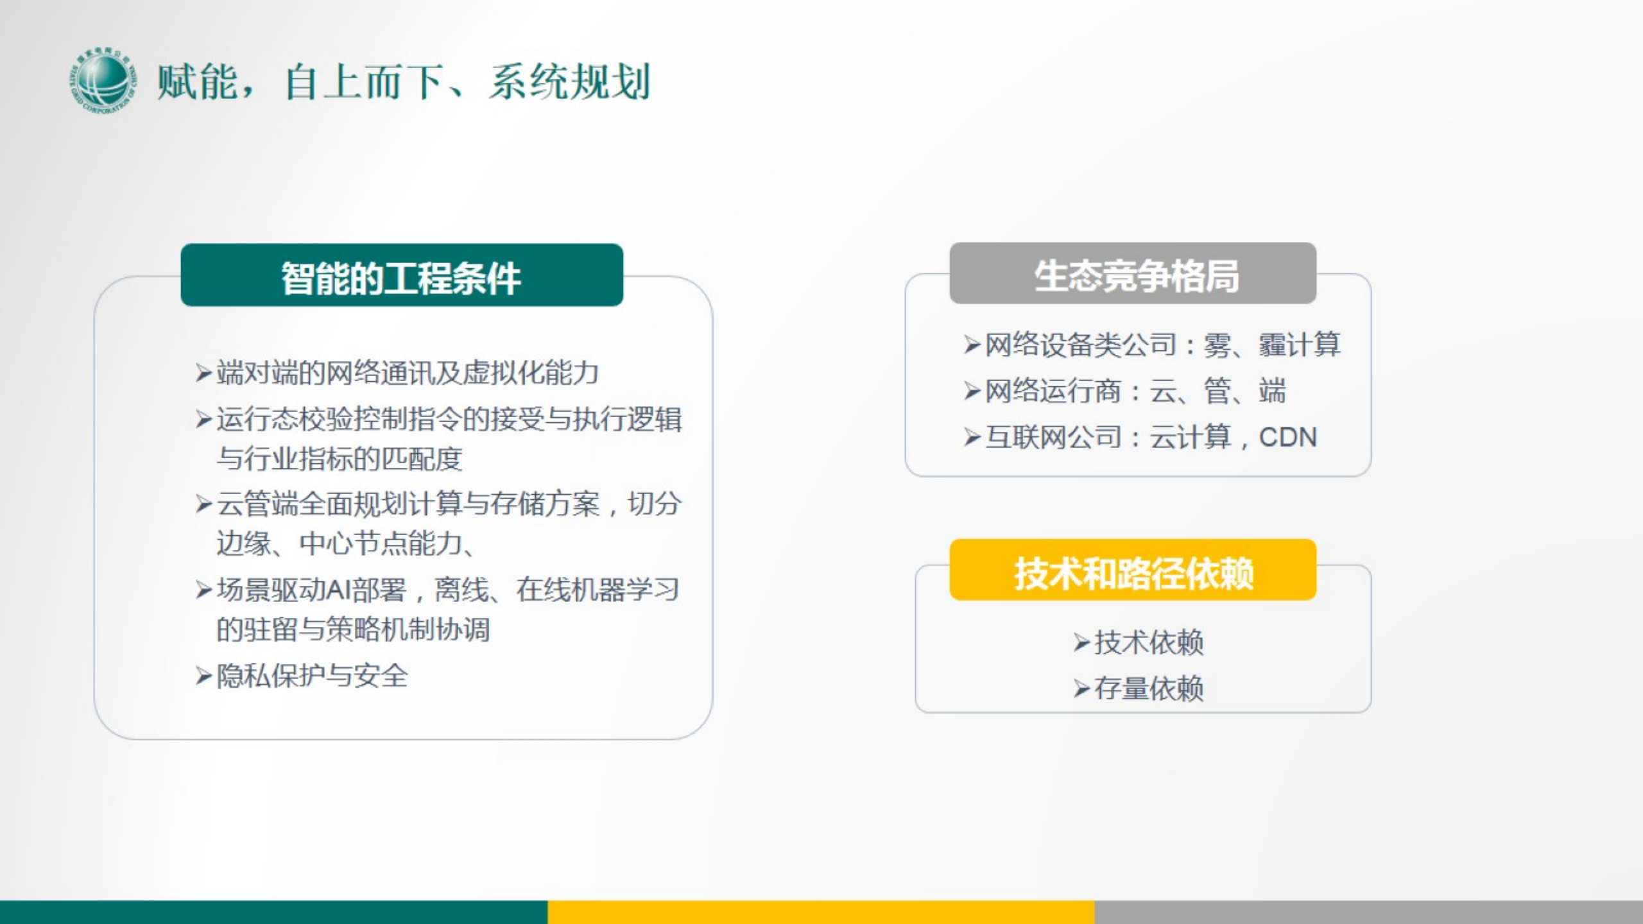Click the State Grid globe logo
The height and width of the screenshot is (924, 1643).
coord(103,81)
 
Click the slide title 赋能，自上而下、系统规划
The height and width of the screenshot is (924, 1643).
coord(403,82)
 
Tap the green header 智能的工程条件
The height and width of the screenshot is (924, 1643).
coord(402,276)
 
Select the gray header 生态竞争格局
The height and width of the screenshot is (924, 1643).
coord(1133,274)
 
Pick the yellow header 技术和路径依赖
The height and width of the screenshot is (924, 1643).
coord(1133,570)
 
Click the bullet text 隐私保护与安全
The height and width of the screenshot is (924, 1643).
coord(312,676)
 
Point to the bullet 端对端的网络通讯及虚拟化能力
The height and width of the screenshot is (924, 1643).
coord(407,373)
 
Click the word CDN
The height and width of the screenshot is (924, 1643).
coord(1287,438)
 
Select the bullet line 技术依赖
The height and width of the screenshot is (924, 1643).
coord(1149,642)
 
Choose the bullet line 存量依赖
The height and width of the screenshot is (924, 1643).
coord(1149,689)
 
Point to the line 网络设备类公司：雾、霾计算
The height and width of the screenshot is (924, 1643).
coord(1162,345)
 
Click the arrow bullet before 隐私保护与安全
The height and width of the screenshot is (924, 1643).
coord(203,676)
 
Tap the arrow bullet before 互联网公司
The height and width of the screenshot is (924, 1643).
coord(972,438)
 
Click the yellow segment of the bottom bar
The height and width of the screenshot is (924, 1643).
coord(821,912)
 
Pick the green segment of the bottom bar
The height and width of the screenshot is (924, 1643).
coord(273,912)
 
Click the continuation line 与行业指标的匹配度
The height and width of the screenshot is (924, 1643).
coord(339,459)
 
